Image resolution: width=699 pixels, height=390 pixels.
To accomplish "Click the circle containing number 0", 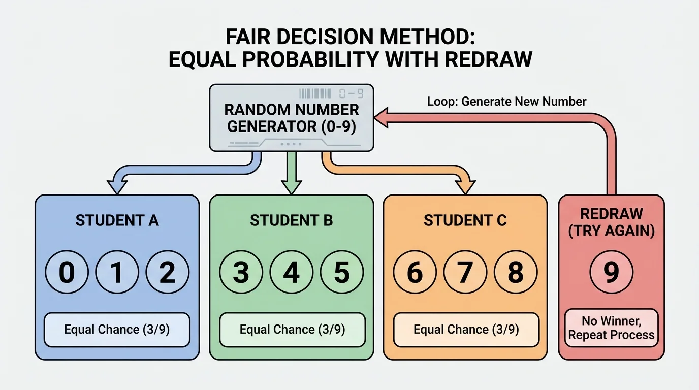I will pos(67,272).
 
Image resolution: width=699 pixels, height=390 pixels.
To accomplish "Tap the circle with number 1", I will pos(117,272).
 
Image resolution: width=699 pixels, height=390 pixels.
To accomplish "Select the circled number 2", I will pos(167,272).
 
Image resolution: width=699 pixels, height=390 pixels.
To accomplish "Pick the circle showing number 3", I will pos(241,272).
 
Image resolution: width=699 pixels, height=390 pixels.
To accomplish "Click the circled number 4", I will pos(291,272).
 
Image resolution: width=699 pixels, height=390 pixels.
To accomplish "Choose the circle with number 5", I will pos(341,272).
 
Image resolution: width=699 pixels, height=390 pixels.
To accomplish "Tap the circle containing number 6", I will pos(415,272).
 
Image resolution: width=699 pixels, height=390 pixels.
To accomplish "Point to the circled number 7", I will pos(465,272).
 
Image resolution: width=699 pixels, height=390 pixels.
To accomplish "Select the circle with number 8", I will pos(516,272).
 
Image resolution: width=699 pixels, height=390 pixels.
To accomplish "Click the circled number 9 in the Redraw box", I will pos(611,272).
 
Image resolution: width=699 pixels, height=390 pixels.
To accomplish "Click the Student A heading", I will pos(117,220).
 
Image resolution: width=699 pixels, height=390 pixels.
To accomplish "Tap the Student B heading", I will pos(291,220).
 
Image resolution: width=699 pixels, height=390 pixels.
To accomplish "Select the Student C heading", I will pos(465,220).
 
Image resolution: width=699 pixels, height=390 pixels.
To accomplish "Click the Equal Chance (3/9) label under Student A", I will pos(117,330).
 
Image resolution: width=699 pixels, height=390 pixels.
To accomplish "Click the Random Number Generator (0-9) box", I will pos(292,118).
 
